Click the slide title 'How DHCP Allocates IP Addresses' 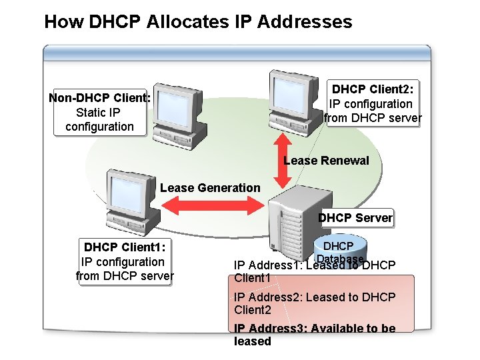click(x=198, y=22)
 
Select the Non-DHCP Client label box click(x=99, y=112)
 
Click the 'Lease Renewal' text click(x=326, y=161)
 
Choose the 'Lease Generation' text click(x=210, y=188)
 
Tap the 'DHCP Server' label click(x=355, y=218)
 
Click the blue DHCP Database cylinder click(x=340, y=248)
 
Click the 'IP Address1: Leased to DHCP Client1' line click(x=313, y=271)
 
